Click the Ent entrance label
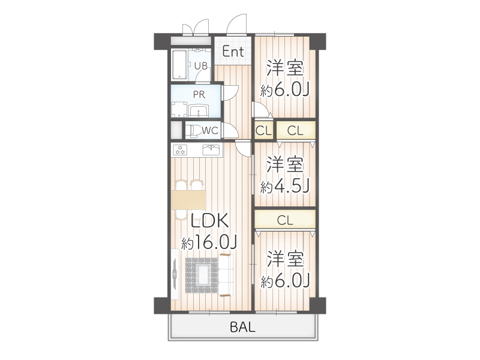click(233, 52)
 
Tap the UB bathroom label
click(201, 66)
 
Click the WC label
click(209, 130)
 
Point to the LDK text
click(209, 221)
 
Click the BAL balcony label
click(242, 328)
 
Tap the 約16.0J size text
click(209, 242)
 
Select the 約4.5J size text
click(284, 187)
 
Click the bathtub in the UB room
click(180, 64)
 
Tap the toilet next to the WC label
click(192, 130)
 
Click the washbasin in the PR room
click(199, 110)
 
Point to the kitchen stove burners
click(180, 149)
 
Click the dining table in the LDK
click(188, 199)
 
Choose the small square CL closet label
click(263, 130)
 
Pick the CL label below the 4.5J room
click(285, 220)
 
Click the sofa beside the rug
click(226, 275)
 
